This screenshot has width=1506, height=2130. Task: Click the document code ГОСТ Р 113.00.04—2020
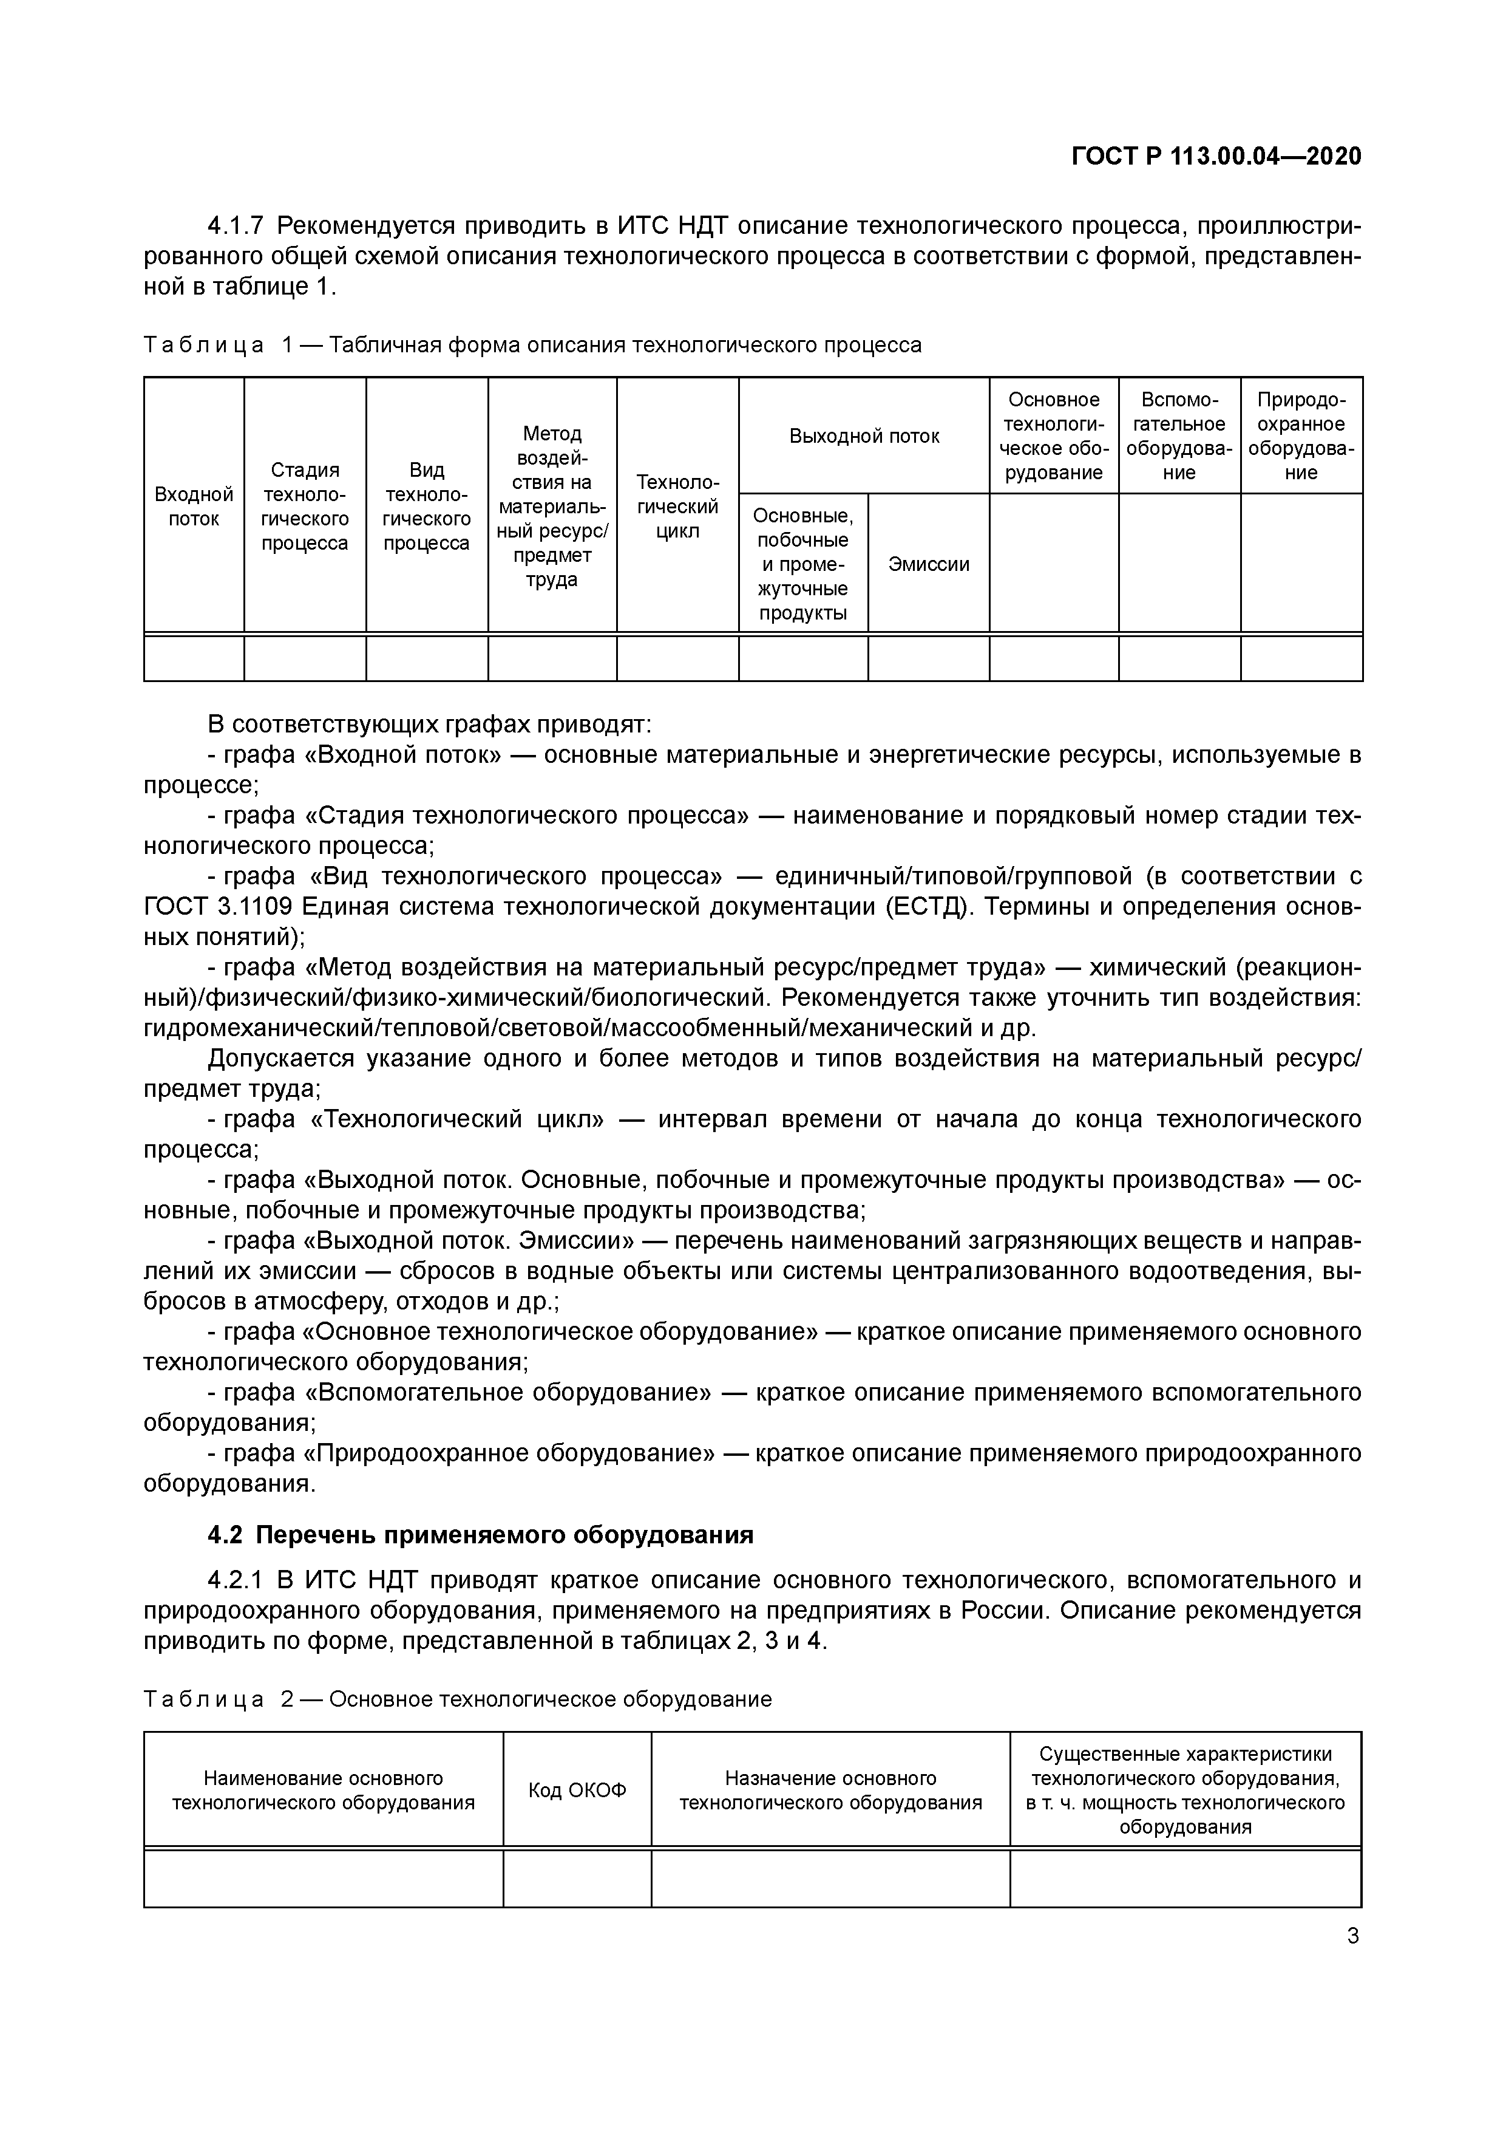[1216, 156]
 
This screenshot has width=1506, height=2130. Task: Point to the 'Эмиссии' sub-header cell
[928, 564]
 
